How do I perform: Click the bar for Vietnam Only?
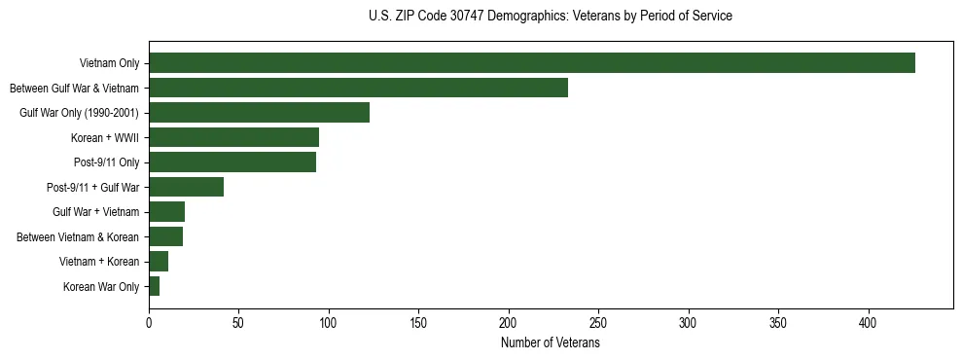pos(532,63)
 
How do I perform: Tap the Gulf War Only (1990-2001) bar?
pos(259,113)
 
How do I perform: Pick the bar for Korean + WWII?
pos(233,137)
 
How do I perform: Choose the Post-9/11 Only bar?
pos(232,162)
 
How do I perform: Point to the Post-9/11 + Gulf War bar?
pos(186,187)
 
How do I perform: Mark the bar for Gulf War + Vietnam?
pos(166,212)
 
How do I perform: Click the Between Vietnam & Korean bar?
pos(165,236)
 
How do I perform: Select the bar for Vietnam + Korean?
pos(159,262)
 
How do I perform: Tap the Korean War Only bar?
pos(154,286)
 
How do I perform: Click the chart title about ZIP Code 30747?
pos(551,17)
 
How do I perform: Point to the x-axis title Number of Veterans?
pos(551,343)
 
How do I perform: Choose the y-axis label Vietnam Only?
pos(110,64)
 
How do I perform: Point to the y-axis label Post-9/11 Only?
pos(101,162)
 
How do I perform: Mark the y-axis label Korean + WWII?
pos(105,138)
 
